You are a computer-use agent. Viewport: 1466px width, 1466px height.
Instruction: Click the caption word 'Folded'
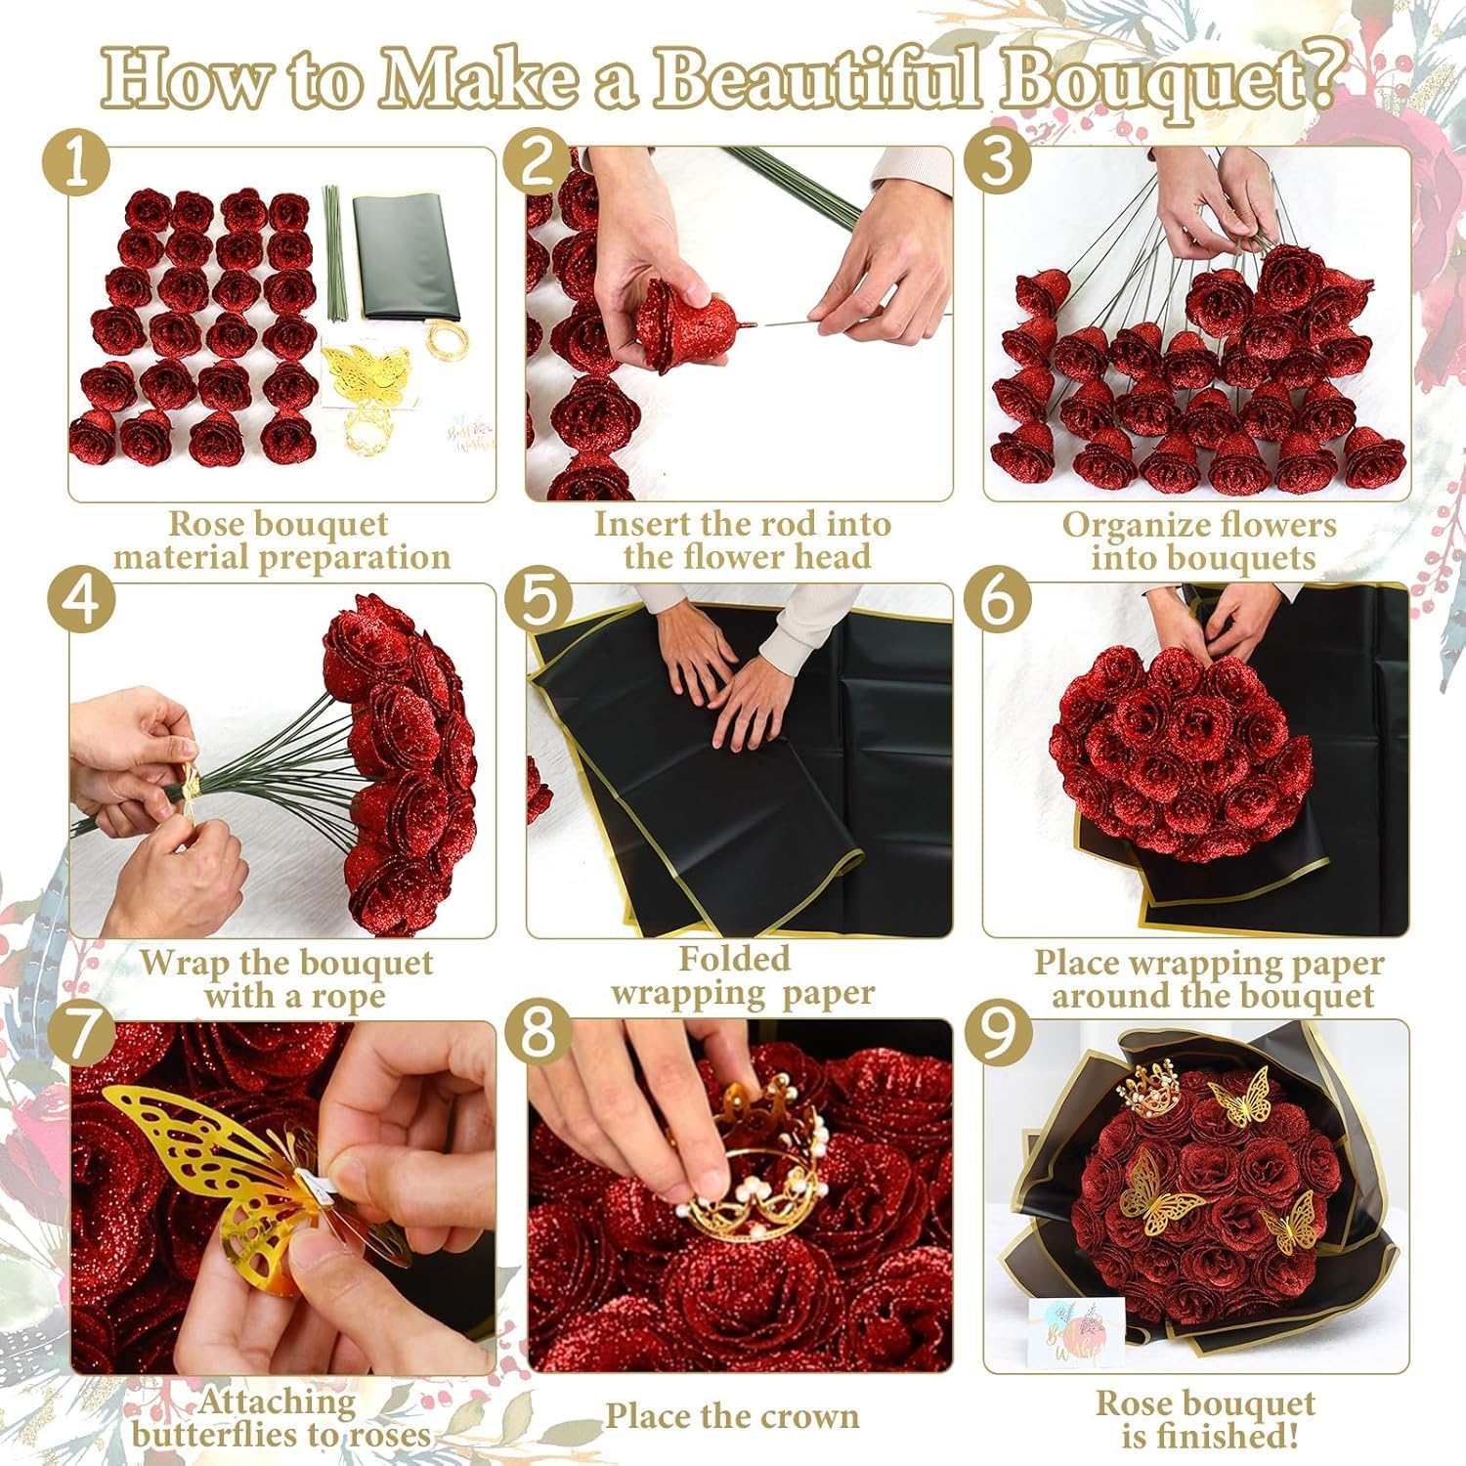734,959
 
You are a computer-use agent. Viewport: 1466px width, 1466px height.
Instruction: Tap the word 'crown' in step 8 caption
806,1416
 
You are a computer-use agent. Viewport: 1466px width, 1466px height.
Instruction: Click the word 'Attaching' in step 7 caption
278,1402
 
